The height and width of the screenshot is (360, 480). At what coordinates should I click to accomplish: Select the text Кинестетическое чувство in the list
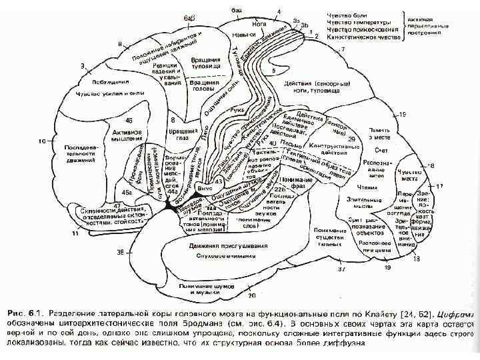[x=363, y=37]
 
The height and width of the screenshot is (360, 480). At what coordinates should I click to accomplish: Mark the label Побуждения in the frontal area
[x=98, y=81]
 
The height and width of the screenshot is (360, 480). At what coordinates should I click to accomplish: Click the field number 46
[x=128, y=121]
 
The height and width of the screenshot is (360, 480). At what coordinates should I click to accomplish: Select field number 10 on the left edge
[x=41, y=141]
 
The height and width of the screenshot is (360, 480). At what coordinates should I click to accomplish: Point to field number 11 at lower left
[x=75, y=235]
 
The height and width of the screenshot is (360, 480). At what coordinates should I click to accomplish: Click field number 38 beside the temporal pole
[x=121, y=253]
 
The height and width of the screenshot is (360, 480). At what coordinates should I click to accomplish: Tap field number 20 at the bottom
[x=252, y=294]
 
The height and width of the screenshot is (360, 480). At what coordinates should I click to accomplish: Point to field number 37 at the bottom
[x=340, y=270]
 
